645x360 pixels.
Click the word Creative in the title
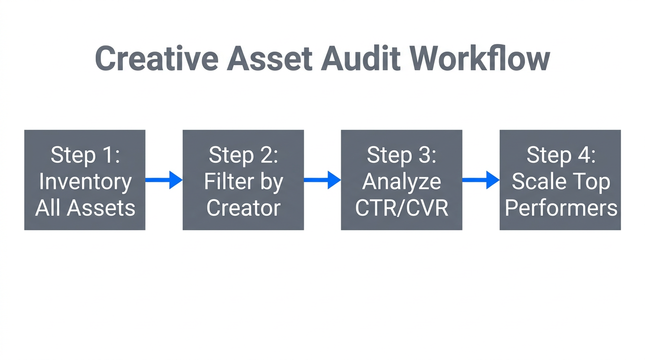[156, 59]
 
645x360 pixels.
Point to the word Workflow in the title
[479, 59]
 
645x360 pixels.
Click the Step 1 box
[85, 180]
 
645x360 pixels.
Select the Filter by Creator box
[243, 180]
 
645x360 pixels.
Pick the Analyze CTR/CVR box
[402, 180]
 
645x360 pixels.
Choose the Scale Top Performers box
[560, 180]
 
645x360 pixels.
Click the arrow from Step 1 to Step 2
[164, 180]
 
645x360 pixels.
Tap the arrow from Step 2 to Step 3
[322, 180]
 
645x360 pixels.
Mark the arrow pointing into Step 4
[480, 180]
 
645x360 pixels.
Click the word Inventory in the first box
[85, 182]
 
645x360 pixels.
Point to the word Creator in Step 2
[243, 208]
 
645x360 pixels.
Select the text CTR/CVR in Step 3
[402, 208]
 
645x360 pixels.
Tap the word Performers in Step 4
[561, 208]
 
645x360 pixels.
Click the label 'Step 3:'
[402, 155]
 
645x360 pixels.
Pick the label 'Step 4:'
[561, 155]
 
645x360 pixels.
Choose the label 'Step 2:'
[243, 155]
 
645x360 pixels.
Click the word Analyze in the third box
[402, 182]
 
